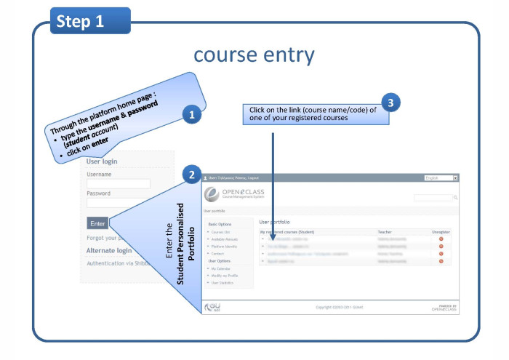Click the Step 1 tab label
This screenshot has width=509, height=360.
(x=80, y=22)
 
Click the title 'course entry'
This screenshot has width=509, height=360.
(x=254, y=56)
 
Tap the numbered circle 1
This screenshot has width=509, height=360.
(x=191, y=115)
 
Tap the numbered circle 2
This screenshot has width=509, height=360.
(x=191, y=175)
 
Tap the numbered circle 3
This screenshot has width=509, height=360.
(x=392, y=103)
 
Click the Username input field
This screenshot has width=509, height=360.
(x=119, y=184)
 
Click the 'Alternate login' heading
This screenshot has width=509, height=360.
(x=109, y=251)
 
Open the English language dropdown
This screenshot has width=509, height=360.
(x=441, y=177)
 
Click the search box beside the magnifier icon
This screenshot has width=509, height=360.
(x=433, y=197)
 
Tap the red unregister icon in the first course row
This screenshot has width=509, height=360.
(x=441, y=239)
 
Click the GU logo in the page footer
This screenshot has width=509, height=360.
(x=214, y=307)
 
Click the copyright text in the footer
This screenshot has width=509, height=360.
(x=334, y=308)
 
